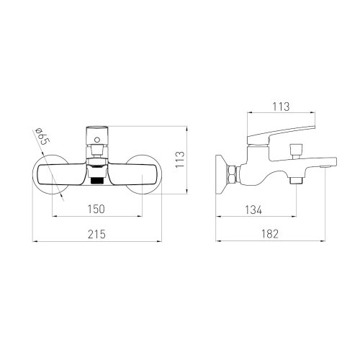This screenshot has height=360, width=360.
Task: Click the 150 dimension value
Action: tap(96, 209)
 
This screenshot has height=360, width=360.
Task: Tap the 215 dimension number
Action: tap(96, 234)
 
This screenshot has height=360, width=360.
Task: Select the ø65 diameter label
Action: tap(42, 137)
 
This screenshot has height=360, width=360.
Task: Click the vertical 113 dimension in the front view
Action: tap(180, 160)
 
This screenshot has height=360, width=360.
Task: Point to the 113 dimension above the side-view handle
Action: tap(281, 107)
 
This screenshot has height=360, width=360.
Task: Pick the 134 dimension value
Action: tap(253, 210)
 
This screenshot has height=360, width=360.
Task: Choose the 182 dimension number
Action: tap(270, 234)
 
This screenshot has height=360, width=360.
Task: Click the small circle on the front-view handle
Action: tap(97, 139)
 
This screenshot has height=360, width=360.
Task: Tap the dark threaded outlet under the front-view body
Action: tap(97, 181)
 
